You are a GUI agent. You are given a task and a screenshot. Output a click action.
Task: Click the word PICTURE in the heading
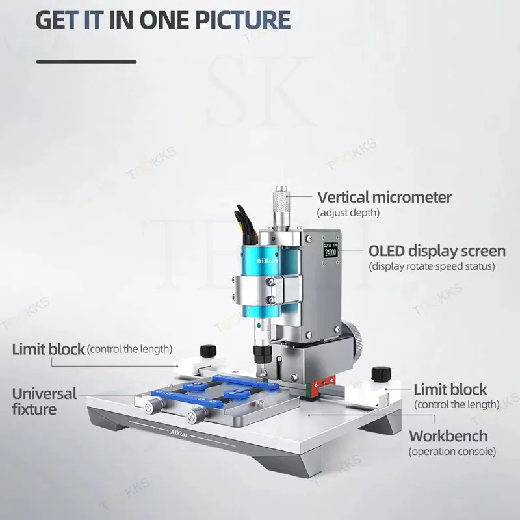pos(242,20)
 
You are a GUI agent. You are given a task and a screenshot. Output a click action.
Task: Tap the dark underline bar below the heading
pos(86,62)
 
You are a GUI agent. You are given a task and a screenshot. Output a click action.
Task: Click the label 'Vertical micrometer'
pos(384,197)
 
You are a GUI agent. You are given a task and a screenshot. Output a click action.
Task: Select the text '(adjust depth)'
pos(348,213)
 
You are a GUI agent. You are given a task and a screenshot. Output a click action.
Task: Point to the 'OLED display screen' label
pos(437,251)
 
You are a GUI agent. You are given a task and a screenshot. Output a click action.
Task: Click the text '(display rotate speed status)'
pos(432,266)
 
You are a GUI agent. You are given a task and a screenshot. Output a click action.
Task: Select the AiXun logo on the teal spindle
pos(267,261)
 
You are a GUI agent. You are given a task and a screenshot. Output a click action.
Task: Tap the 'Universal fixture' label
pos(44,402)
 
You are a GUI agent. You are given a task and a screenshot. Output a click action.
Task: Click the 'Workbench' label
pos(448,436)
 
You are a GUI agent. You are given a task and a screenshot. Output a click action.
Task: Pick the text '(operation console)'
pos(452,451)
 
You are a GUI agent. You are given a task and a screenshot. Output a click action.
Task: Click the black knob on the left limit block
pos(208,351)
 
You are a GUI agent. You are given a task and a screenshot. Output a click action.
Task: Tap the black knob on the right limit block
pos(382,374)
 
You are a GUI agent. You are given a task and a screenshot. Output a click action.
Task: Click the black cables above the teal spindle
pos(246,224)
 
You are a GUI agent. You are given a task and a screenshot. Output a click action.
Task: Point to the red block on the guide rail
pos(324,383)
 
